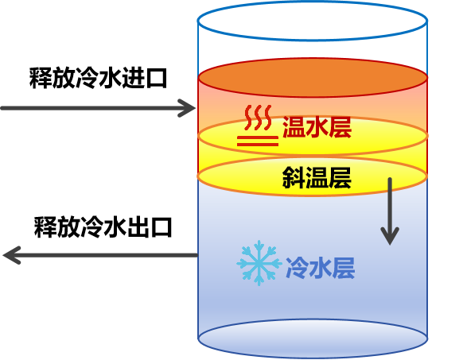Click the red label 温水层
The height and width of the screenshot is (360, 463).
pos(317,127)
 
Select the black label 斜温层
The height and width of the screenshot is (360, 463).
pos(317,179)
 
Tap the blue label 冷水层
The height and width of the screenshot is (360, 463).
pos(320,269)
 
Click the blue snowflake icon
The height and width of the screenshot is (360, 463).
pos(259,264)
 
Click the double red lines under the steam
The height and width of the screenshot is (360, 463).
pos(256,141)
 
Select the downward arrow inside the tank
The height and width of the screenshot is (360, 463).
pos(389,210)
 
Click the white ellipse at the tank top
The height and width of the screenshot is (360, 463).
pos(313,21)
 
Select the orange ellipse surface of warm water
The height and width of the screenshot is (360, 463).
pos(313,77)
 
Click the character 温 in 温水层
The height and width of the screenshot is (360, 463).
pos(294,127)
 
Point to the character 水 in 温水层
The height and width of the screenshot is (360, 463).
pos(317,127)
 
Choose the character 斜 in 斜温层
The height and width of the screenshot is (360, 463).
pos(294,179)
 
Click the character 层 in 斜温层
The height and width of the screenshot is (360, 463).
pos(340,179)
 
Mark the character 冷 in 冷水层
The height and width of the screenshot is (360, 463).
pos(297,269)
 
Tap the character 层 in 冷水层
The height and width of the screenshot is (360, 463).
pos(343,269)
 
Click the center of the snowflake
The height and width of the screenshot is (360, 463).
pos(259,264)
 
